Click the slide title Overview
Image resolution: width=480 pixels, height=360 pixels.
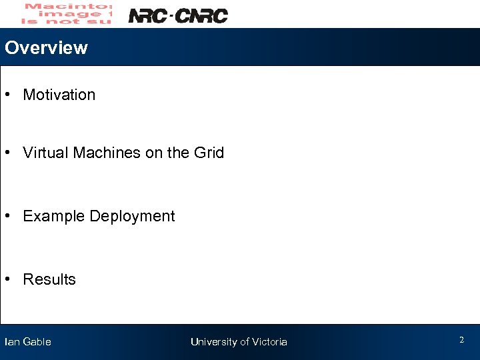tap(46, 48)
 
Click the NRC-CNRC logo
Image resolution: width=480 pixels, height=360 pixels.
tap(177, 15)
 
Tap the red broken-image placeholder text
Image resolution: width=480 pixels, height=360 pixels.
tap(67, 13)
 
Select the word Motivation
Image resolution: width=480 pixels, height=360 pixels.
tap(59, 95)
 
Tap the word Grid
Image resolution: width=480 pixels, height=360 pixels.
tap(209, 153)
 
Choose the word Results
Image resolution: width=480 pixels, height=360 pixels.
tap(49, 280)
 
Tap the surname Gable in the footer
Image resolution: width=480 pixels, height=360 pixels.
tap(37, 342)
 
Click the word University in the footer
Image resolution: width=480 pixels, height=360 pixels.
tap(213, 342)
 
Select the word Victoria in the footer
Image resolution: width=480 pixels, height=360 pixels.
tap(269, 342)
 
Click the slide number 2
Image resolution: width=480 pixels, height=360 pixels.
tap(461, 340)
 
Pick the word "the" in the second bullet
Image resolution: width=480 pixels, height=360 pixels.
tap(178, 153)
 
